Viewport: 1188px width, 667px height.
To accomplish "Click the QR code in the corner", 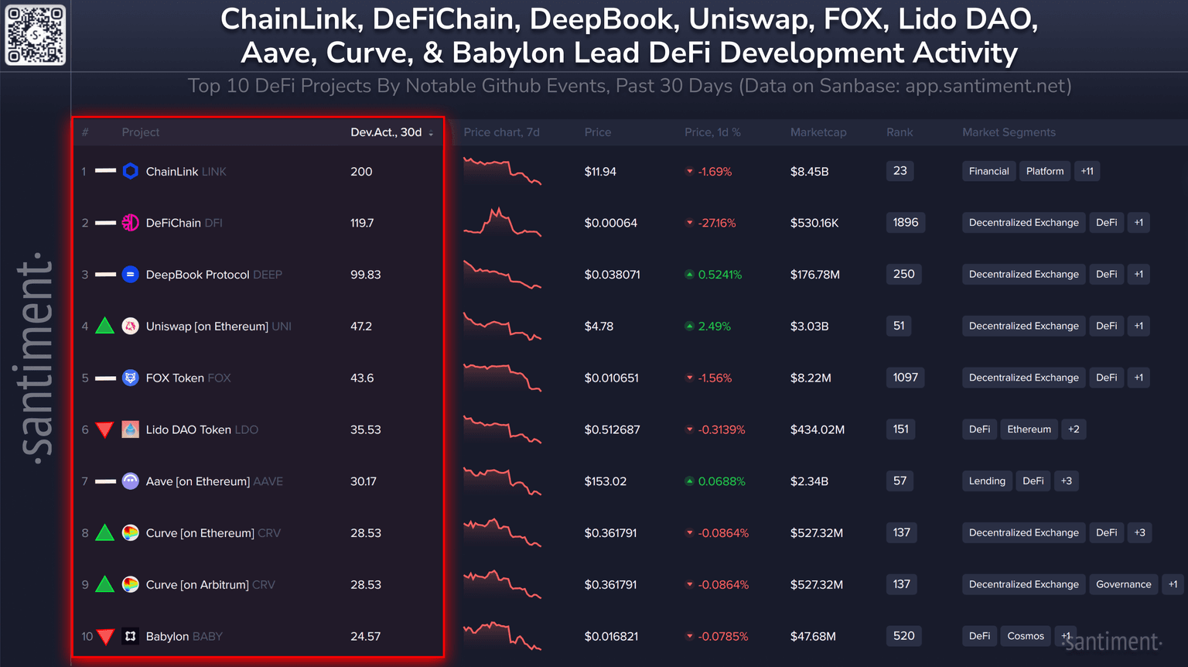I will (36, 35).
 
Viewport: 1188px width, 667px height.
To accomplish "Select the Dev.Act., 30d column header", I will (387, 132).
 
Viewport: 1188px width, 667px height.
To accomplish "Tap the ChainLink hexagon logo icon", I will (131, 171).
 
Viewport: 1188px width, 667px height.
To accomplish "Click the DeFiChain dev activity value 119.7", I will (362, 223).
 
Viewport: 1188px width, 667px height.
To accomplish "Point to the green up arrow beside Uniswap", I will (105, 327).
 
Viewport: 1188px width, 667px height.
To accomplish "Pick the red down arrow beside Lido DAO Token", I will (105, 429).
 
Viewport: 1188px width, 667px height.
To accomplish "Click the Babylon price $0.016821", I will (611, 636).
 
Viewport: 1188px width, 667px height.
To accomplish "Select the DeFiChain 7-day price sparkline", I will (502, 222).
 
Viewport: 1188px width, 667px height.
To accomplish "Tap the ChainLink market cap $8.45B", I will (809, 171).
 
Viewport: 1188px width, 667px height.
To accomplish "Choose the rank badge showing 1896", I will (906, 223).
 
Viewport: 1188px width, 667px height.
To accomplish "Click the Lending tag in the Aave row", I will (987, 481).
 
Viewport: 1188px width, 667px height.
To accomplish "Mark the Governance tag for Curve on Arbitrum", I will (1123, 584).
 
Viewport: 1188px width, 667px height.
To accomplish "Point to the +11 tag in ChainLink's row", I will (1087, 171).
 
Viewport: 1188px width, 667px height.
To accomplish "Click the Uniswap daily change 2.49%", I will (714, 327).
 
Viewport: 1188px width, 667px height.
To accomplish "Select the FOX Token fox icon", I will (131, 378).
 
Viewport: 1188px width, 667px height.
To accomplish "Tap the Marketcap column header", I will (818, 132).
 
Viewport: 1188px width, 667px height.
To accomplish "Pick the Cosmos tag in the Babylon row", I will (1026, 636).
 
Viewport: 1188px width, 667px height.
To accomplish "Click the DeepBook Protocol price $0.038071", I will (612, 275).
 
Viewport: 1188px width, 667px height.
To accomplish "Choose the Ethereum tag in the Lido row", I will (1029, 429).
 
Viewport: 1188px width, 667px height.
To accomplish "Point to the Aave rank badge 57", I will (900, 481).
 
